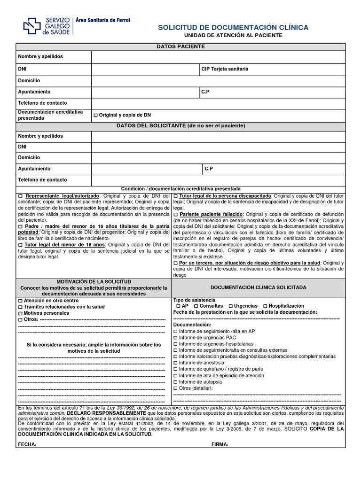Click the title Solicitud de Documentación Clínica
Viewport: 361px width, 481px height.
[x=233, y=28]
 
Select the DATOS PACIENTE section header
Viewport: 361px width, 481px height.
[x=180, y=47]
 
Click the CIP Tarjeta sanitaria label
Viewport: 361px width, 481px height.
[x=225, y=69]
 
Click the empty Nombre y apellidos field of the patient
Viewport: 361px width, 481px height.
[x=218, y=57]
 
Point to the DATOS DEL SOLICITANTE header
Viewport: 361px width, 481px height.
[x=180, y=126]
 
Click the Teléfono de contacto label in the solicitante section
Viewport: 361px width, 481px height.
[x=42, y=180]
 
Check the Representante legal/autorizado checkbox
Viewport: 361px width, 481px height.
[x=20, y=196]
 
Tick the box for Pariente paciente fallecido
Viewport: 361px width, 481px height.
[x=175, y=214]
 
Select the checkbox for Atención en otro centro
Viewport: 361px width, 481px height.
[x=20, y=301]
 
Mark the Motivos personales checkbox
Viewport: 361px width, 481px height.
[x=20, y=313]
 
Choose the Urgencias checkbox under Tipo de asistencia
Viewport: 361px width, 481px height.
[x=230, y=306]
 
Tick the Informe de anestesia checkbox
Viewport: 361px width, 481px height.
[x=175, y=363]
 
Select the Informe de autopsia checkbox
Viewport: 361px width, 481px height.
[x=175, y=382]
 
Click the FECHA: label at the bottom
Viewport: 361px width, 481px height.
[x=27, y=444]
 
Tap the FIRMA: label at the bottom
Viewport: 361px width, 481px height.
[x=220, y=444]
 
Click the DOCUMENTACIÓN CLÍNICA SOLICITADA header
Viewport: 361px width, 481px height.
[x=258, y=287]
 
